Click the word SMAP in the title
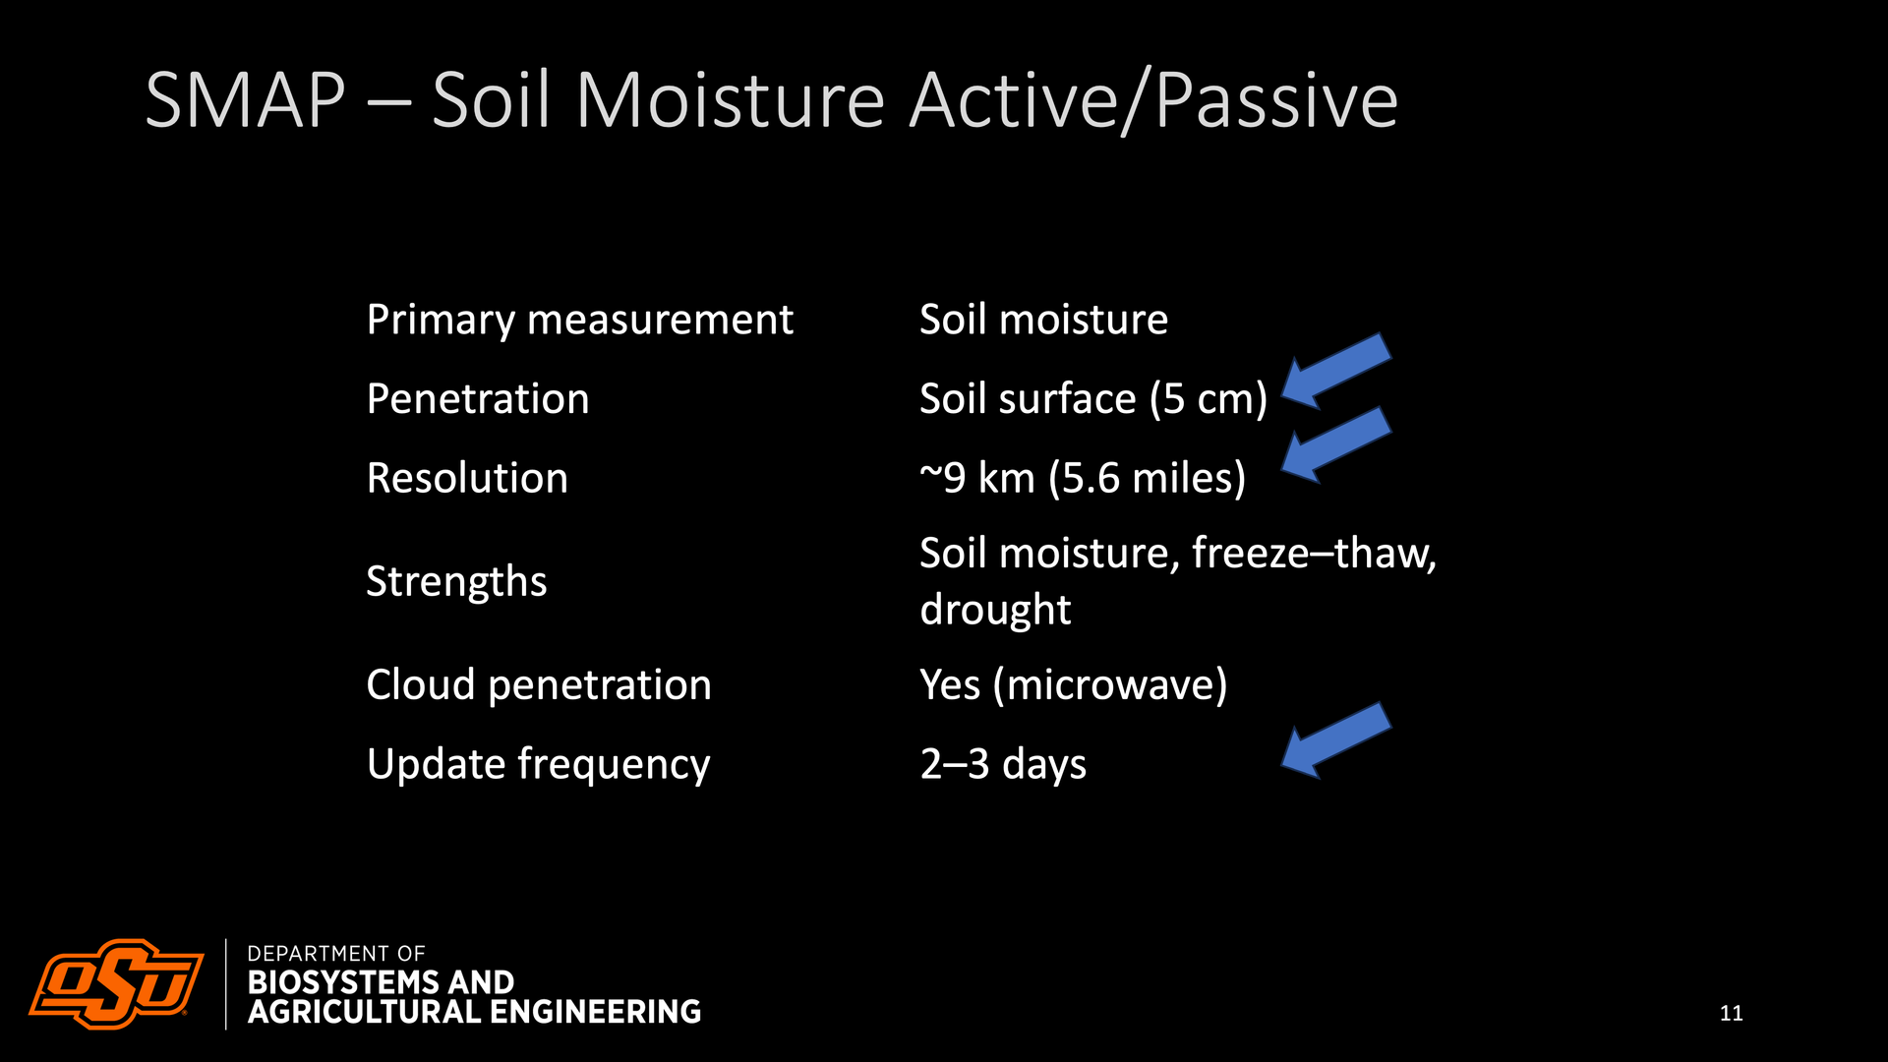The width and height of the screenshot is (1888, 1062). click(245, 100)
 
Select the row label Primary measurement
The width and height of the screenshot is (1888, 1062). click(579, 321)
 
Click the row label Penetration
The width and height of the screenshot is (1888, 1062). click(478, 399)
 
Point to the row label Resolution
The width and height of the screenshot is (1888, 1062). click(467, 478)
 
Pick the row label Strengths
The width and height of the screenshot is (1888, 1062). click(456, 581)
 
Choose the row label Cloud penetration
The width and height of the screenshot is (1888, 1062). click(539, 685)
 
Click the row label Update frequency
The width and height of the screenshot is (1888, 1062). click(538, 765)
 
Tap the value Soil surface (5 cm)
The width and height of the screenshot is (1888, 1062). click(1093, 399)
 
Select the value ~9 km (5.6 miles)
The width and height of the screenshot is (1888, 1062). click(1083, 479)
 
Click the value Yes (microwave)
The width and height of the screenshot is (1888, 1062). click(1074, 685)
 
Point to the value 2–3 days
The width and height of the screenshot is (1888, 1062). click(1003, 764)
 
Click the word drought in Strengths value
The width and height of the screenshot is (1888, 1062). click(995, 610)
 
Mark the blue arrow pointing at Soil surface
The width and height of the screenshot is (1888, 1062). click(1336, 372)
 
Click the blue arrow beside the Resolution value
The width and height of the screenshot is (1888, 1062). click(1336, 445)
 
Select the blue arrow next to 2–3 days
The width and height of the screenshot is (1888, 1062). click(1336, 740)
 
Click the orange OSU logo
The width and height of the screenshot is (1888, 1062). click(116, 983)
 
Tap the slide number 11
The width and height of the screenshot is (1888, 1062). click(1732, 1013)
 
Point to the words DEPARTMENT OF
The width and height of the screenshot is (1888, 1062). click(336, 954)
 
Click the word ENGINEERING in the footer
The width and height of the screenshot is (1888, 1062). click(595, 1012)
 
